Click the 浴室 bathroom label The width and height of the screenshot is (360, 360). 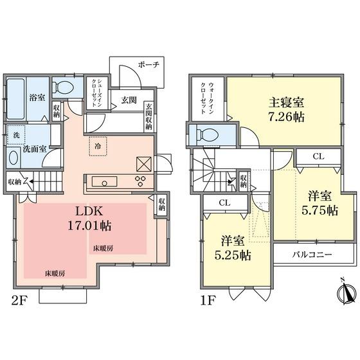(x=37, y=98)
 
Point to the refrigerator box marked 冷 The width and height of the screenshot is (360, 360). (x=95, y=145)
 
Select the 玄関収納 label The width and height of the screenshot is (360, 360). (x=148, y=116)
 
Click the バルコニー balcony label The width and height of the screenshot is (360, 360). (x=312, y=255)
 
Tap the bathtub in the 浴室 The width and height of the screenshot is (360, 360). (x=17, y=98)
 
